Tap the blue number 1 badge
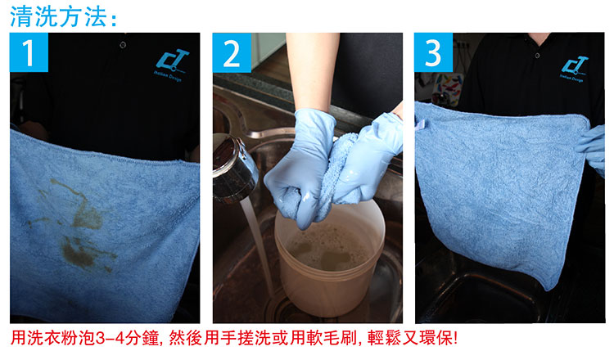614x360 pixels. pos(29,55)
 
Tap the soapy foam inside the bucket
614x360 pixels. pos(327,245)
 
